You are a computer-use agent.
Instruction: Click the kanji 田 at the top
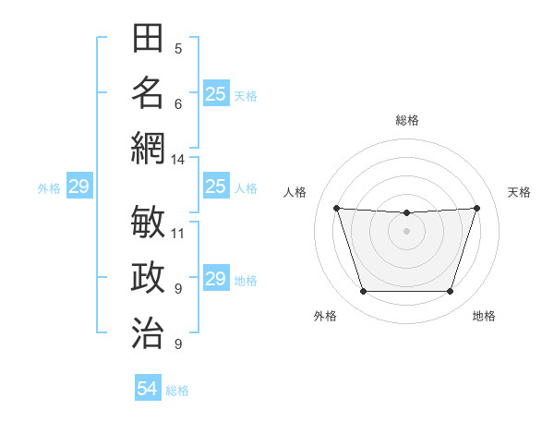(x=148, y=39)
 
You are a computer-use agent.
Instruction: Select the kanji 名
(x=148, y=92)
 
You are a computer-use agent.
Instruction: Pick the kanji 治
(x=148, y=331)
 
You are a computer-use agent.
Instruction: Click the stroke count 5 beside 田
(x=178, y=48)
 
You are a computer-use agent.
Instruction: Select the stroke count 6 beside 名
(x=178, y=103)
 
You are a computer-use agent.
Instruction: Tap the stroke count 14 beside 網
(x=177, y=159)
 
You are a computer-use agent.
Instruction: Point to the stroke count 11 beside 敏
(x=178, y=233)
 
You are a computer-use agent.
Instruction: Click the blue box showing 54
(x=148, y=390)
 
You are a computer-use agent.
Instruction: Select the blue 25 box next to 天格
(x=216, y=94)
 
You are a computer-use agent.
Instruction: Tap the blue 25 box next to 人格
(x=216, y=187)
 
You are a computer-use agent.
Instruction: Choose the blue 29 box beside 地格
(x=216, y=279)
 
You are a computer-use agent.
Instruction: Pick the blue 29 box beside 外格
(x=78, y=187)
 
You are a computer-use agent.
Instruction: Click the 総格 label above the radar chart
(x=406, y=120)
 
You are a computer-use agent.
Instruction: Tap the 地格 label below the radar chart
(x=484, y=316)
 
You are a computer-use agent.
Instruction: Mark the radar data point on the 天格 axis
(x=476, y=208)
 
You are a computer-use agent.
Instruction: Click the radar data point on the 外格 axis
(x=363, y=292)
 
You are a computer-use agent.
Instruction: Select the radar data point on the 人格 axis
(x=336, y=208)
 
